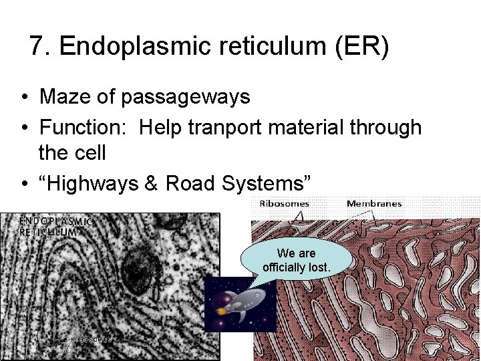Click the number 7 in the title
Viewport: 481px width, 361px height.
tap(37, 47)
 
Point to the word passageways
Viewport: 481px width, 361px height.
tap(186, 98)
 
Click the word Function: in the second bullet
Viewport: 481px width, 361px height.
tap(86, 127)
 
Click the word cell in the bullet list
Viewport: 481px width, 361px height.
tap(90, 152)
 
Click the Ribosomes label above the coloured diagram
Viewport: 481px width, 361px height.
tap(284, 203)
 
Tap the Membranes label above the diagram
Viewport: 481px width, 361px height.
tap(374, 203)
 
